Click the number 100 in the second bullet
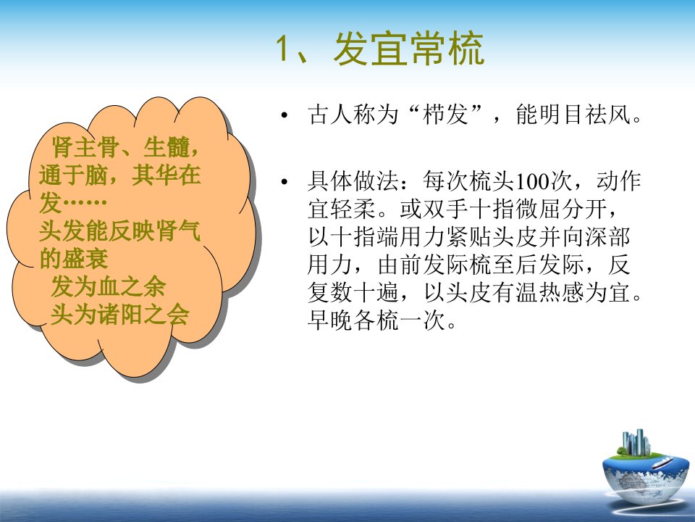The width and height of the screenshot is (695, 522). pos(533,181)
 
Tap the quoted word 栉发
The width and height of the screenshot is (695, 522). pos(446,115)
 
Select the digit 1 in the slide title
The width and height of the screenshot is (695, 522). pos(283,49)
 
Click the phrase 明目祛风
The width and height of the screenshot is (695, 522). pos(585,115)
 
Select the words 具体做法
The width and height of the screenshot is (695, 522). pos(353,181)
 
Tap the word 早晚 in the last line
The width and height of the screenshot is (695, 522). pos(330,320)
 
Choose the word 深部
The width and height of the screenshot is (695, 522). pos(607,237)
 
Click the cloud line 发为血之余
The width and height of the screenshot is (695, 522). pos(109,286)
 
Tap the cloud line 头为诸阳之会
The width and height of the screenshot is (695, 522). pos(120,314)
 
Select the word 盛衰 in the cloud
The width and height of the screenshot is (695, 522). pos(85,258)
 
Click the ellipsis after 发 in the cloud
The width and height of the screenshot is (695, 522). pos(85,203)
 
